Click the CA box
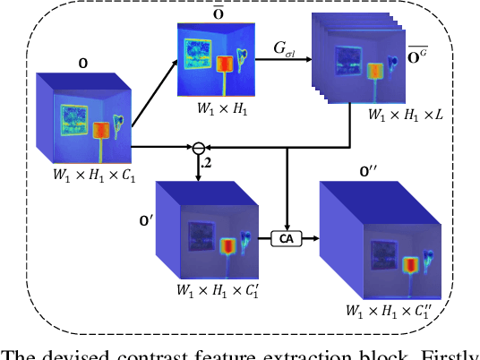tap(285, 238)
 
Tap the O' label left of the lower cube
tap(137, 218)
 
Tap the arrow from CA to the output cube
tap(308, 238)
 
